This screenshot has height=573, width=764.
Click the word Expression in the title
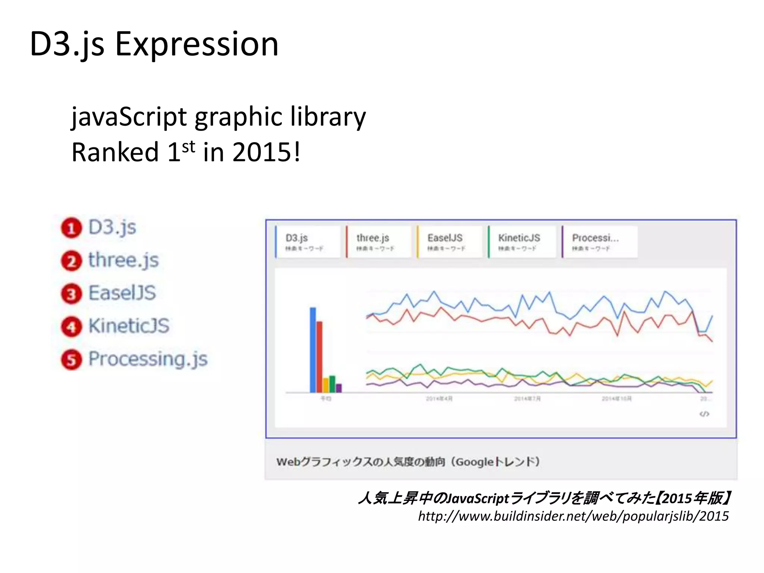(197, 44)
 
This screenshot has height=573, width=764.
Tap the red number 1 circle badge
(71, 228)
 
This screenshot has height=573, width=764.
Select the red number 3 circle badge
(71, 294)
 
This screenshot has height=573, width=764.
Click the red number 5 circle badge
(71, 360)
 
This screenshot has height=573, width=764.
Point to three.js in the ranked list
(123, 260)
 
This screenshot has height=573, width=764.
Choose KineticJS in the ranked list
(129, 326)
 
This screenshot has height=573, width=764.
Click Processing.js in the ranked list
(148, 359)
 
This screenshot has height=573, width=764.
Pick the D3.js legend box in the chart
(308, 242)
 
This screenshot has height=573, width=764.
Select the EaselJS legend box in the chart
(450, 242)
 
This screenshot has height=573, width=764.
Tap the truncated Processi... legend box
(599, 242)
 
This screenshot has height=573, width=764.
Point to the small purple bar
(339, 388)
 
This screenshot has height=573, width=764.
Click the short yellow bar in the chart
(326, 385)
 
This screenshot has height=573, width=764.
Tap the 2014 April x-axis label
(439, 399)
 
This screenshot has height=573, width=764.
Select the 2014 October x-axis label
(616, 399)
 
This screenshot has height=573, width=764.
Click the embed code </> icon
(704, 414)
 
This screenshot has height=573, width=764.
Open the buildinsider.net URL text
(573, 516)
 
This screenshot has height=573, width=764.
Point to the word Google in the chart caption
(475, 462)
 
